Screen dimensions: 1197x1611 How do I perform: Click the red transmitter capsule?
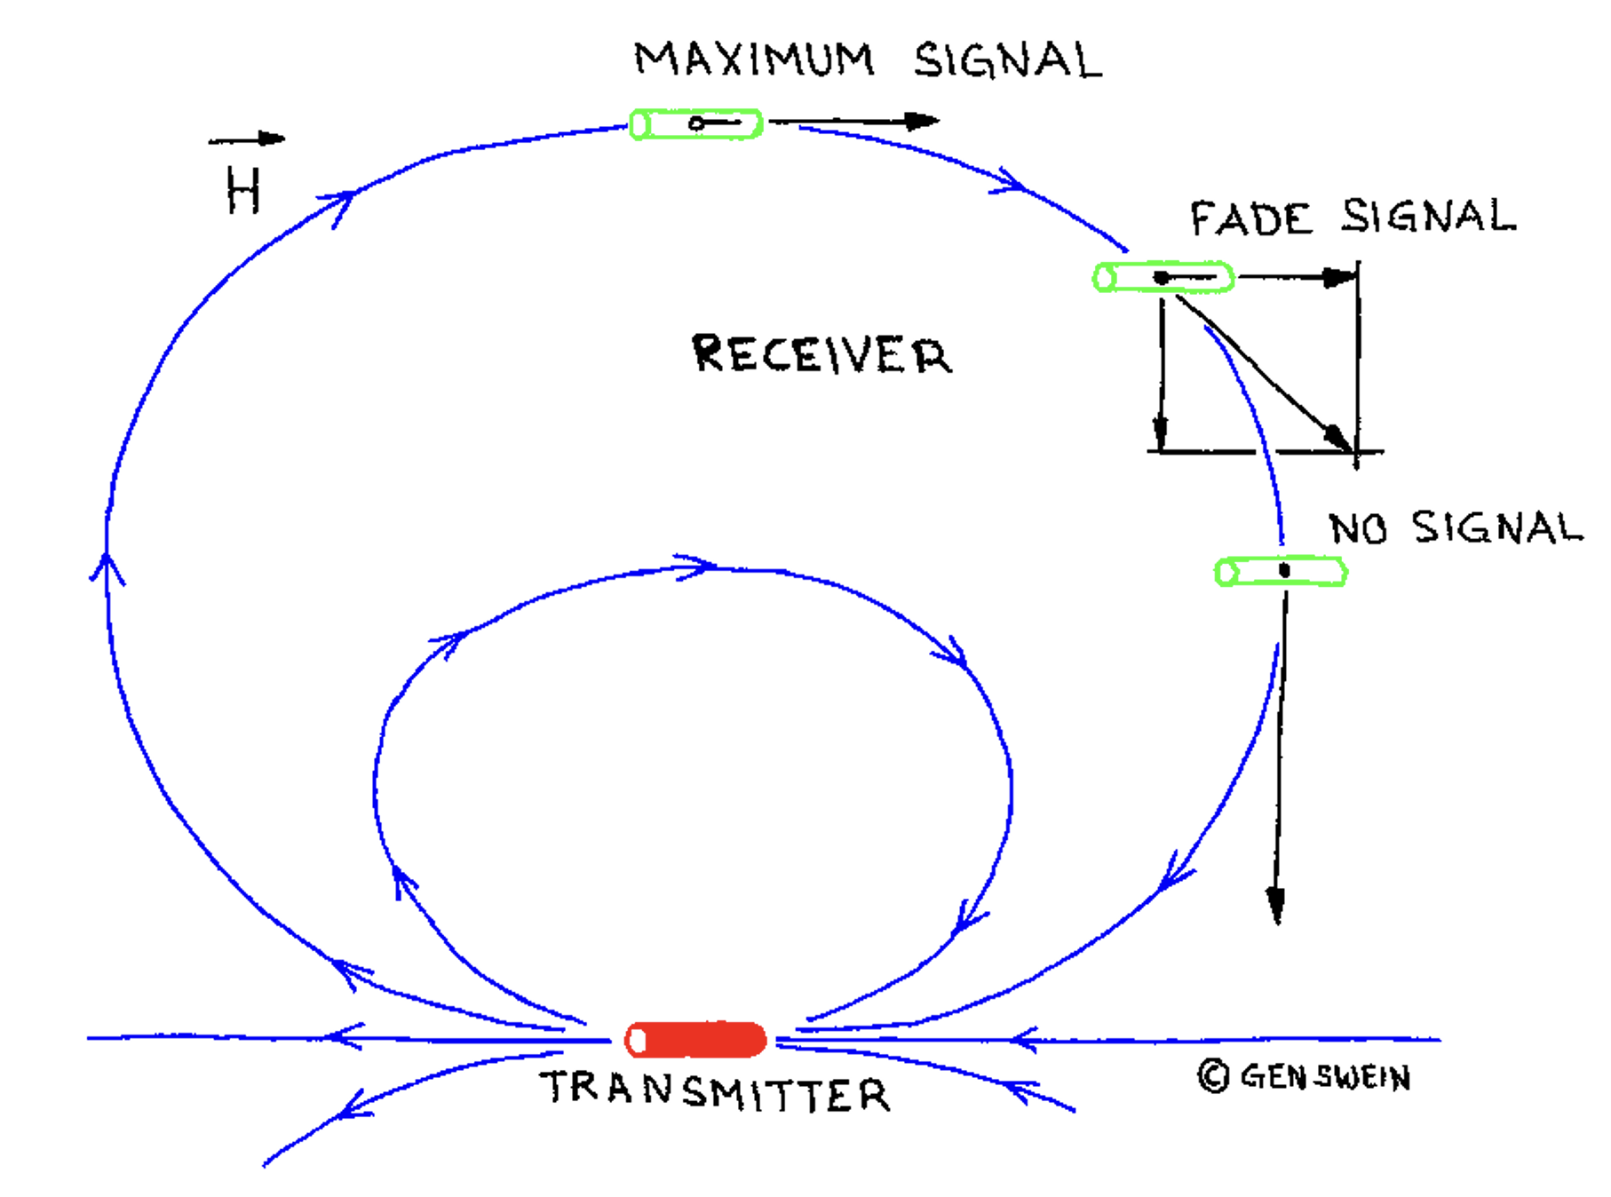695,1040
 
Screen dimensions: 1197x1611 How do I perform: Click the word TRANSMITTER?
715,1091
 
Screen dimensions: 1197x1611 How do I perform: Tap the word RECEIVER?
821,353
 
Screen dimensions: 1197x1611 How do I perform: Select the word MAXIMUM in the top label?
754,60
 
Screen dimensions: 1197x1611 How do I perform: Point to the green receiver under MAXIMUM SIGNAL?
695,123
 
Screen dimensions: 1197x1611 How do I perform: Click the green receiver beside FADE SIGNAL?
1163,278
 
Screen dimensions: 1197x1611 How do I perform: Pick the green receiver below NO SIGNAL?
1281,571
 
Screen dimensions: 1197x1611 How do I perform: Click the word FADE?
1250,218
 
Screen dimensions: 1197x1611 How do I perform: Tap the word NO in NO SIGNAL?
1358,528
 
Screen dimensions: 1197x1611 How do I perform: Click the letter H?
242,191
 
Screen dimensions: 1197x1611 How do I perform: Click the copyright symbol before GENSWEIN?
1213,1076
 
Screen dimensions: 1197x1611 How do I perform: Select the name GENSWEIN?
1325,1077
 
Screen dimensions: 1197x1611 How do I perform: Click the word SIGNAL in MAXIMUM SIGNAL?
1008,60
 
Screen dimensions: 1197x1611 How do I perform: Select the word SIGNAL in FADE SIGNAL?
1428,216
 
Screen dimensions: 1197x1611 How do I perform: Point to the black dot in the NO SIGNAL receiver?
1284,569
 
